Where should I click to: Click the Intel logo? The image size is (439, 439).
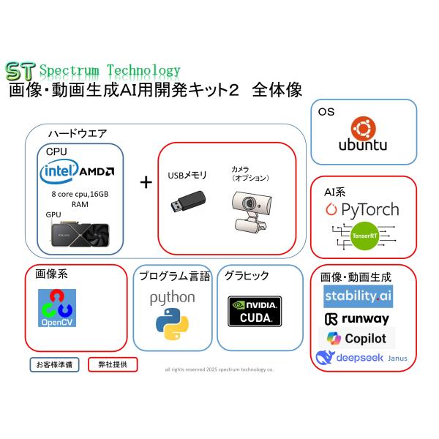coord(59,173)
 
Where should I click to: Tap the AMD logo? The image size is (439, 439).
coord(97,173)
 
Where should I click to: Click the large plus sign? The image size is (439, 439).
coord(146,182)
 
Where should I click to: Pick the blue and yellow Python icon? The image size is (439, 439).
coord(173,325)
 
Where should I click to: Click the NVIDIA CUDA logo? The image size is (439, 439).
coord(254,311)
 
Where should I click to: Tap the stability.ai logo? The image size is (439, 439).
coord(358,296)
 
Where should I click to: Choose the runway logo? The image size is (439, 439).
coord(356,319)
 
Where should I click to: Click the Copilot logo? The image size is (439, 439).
coord(356,339)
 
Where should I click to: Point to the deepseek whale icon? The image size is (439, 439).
coord(325,358)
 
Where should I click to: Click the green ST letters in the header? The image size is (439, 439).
coord(19,71)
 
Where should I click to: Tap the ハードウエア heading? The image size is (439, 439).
coord(77,133)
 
